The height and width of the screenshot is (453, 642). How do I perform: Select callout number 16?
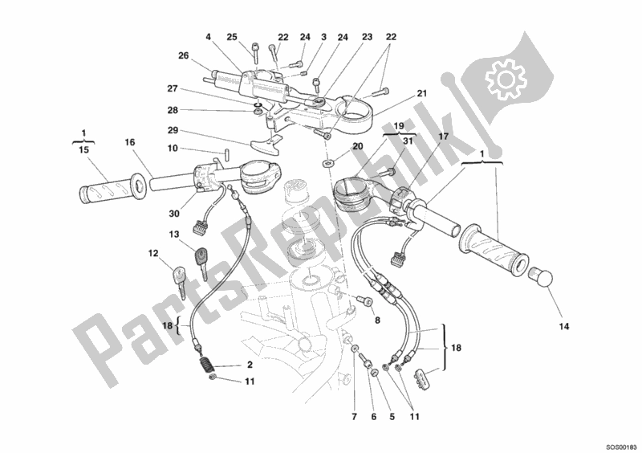(x=129, y=142)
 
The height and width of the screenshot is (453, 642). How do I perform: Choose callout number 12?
(x=152, y=254)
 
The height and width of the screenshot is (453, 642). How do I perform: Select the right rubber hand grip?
(x=493, y=249)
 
